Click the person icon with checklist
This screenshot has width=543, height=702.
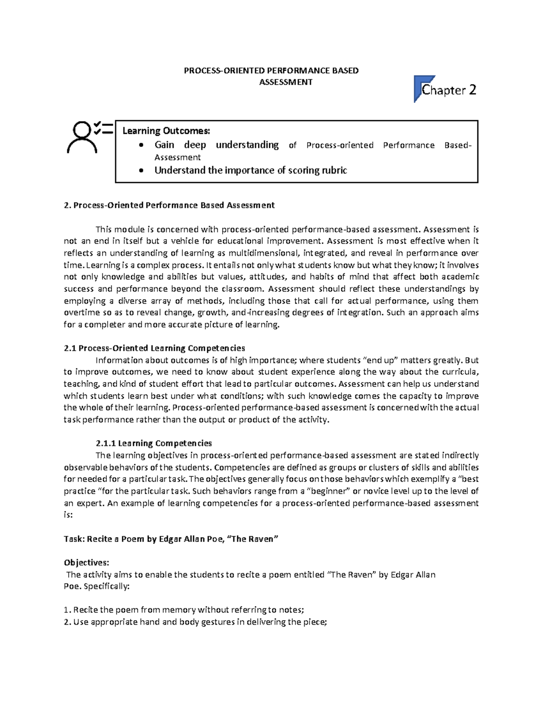[89, 136]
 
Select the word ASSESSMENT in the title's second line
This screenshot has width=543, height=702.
[286, 82]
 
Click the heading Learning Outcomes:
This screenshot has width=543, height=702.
[166, 131]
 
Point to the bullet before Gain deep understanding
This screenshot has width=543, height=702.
[142, 146]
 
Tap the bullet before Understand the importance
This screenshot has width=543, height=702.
[142, 171]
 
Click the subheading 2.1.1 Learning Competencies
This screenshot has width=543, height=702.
[154, 443]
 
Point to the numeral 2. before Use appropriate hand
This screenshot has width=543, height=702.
[67, 622]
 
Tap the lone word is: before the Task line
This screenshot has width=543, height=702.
[68, 515]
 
